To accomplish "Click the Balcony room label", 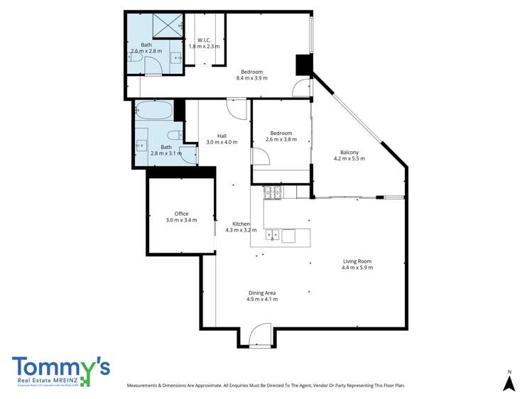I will click(x=349, y=152).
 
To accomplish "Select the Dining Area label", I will click(x=262, y=293).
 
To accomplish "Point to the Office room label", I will click(x=181, y=213).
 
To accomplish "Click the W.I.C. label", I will click(x=204, y=40).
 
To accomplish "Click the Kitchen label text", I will click(x=241, y=224).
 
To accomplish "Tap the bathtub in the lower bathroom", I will click(x=153, y=111).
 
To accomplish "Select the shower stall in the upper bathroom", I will click(x=164, y=26).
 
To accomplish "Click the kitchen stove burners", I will click(x=273, y=191).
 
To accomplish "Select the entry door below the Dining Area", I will click(x=259, y=334).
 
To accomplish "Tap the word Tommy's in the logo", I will click(x=60, y=367).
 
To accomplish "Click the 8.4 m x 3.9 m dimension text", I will click(x=252, y=78).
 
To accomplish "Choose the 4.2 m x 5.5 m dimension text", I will click(x=349, y=158).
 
